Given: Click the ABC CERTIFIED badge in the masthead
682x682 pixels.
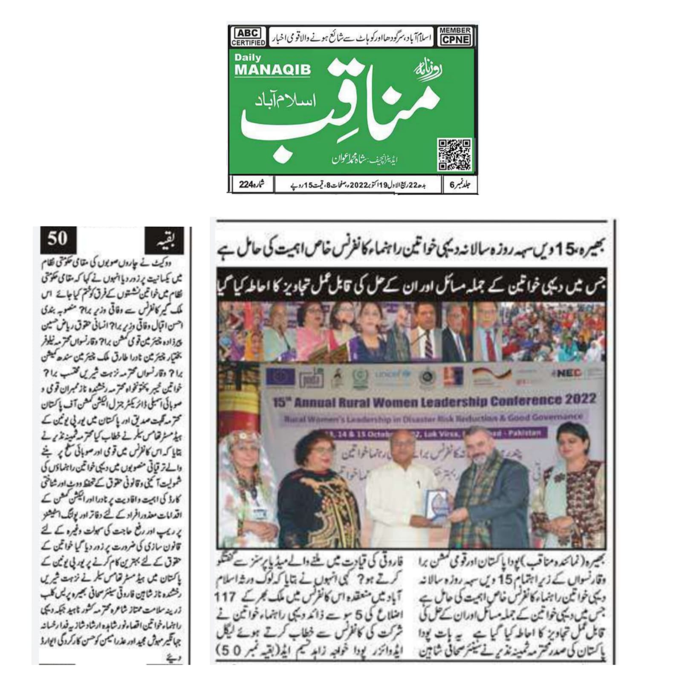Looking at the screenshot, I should click(x=248, y=37).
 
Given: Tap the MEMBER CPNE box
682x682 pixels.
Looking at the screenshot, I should click(x=454, y=37).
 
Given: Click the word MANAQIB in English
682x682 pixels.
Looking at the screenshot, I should click(x=273, y=70).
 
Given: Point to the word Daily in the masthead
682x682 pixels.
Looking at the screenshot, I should click(x=248, y=58).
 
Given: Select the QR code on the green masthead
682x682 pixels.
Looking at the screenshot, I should click(x=454, y=154).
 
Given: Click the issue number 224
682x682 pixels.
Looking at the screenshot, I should click(x=246, y=185).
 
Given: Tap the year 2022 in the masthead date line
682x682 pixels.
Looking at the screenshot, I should click(x=359, y=185).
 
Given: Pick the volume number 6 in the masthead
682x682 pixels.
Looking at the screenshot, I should click(x=453, y=185).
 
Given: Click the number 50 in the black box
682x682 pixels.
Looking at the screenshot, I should click(x=58, y=238).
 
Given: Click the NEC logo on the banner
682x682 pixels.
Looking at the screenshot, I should click(x=568, y=373).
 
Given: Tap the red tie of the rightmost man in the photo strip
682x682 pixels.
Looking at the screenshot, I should click(x=491, y=347).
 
